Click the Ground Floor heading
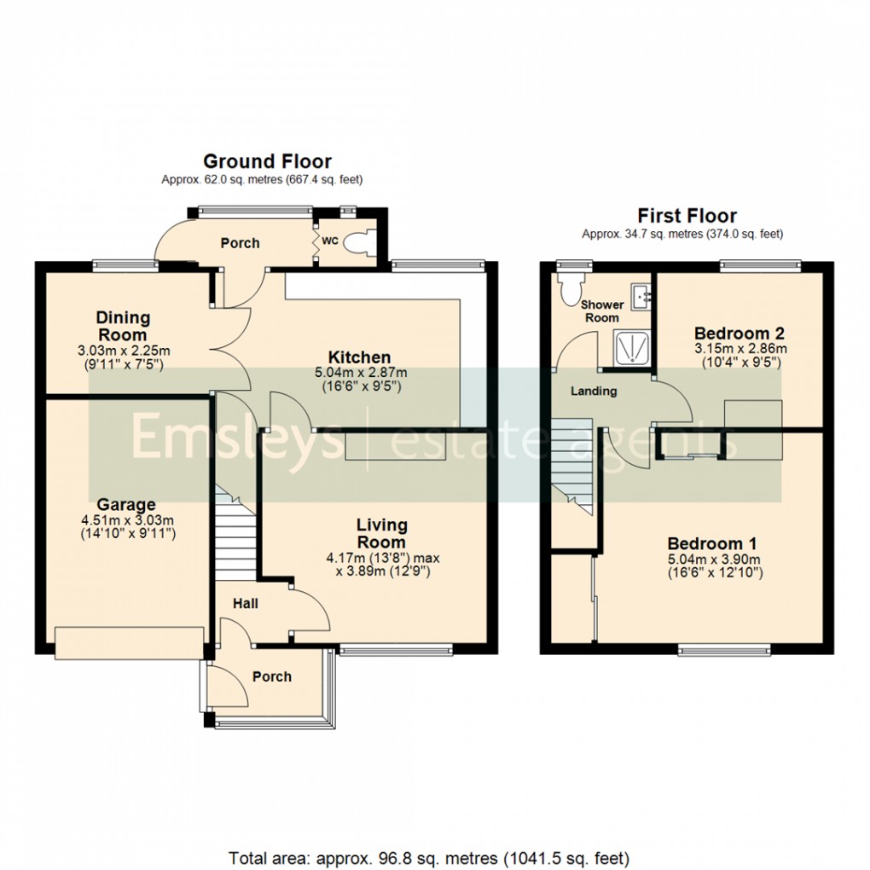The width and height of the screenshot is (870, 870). (x=267, y=161)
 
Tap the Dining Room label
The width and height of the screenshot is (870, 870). (x=123, y=325)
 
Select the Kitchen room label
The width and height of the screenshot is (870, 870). (x=360, y=357)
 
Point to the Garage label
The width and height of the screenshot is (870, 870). (x=125, y=504)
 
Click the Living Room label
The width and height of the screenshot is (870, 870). (x=381, y=533)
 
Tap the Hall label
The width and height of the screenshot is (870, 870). (x=246, y=604)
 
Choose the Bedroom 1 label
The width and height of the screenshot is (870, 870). (x=712, y=543)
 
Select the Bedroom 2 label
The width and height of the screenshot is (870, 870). (x=739, y=333)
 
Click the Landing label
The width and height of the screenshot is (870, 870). (x=594, y=391)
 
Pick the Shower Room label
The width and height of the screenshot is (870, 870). (x=600, y=311)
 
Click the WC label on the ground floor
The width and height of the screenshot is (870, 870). (x=329, y=241)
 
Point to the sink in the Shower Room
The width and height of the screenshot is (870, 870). (x=640, y=298)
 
